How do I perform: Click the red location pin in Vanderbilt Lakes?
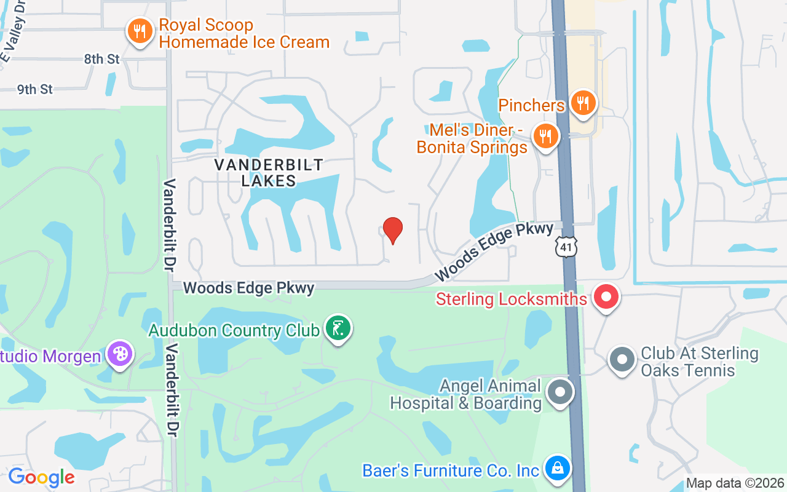[x=393, y=230]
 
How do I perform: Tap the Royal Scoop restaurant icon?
[x=140, y=30]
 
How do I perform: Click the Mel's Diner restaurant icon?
[x=545, y=135]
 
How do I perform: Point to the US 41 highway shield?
[x=566, y=246]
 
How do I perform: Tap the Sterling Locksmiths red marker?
[x=606, y=298]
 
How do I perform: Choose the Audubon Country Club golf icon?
[x=337, y=328]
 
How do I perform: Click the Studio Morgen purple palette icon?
[x=119, y=354]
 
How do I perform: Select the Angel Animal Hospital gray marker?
[x=560, y=392]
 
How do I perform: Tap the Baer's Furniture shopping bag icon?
[x=558, y=469]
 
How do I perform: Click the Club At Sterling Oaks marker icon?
[x=622, y=359]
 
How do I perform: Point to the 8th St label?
[x=102, y=59]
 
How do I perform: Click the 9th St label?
[x=35, y=89]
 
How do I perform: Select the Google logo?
[x=41, y=477]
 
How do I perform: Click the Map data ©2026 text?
[x=735, y=483]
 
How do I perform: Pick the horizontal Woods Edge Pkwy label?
[x=248, y=288]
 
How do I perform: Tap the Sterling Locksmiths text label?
[x=512, y=299]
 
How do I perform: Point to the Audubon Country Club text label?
[x=234, y=330]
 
